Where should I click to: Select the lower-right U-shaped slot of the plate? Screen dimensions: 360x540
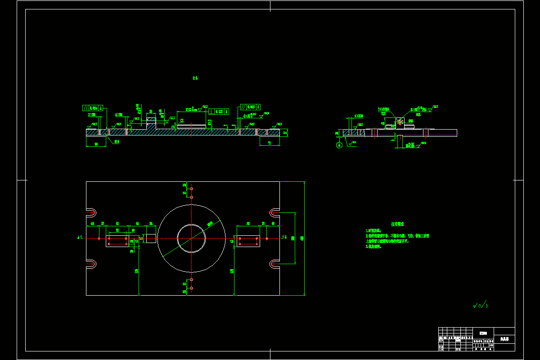(274, 264)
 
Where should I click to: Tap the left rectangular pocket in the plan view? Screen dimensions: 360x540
(117, 241)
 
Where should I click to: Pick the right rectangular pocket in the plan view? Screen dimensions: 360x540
(248, 241)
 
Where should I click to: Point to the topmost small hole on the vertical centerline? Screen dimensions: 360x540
(191, 188)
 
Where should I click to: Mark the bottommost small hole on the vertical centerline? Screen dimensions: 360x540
(191, 288)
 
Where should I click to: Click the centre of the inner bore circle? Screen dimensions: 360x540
(191, 238)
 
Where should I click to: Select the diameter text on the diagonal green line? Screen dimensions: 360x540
(210, 224)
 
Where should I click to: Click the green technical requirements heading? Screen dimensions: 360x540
(397, 224)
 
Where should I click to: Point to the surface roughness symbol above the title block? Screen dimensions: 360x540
(480, 306)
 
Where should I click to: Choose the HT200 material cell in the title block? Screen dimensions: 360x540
(483, 333)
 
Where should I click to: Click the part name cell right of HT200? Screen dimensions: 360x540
(504, 338)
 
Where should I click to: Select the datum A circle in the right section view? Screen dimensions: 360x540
(339, 145)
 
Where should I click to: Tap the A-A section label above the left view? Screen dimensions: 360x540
(195, 78)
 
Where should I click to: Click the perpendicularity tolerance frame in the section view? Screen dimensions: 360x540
(219, 111)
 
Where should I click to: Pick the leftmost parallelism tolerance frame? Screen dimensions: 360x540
(93, 108)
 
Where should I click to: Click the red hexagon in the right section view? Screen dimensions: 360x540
(400, 121)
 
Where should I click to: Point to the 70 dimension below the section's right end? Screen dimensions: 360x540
(270, 143)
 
